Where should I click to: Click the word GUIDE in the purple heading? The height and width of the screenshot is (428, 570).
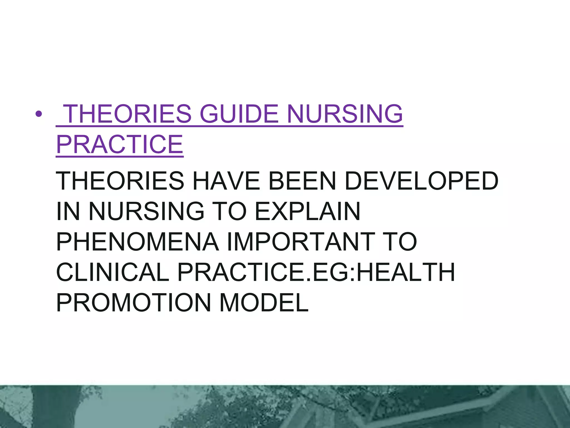pyautogui.click(x=239, y=114)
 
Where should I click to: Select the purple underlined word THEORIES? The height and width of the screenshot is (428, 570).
pyautogui.click(x=128, y=114)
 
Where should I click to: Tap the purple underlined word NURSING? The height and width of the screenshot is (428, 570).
pyautogui.click(x=345, y=114)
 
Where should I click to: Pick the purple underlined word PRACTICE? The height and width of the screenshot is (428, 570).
pyautogui.click(x=120, y=144)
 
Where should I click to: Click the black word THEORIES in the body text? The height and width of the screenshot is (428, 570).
pyautogui.click(x=120, y=181)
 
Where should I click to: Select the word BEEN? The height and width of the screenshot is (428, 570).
pyautogui.click(x=302, y=181)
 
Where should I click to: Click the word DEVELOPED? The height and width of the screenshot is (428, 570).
pyautogui.click(x=421, y=181)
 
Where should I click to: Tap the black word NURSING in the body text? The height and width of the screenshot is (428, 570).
pyautogui.click(x=146, y=211)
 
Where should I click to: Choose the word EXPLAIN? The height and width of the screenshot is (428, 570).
pyautogui.click(x=308, y=211)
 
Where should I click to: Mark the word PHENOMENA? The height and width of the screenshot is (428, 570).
pyautogui.click(x=137, y=242)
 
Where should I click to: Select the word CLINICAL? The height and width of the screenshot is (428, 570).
pyautogui.click(x=113, y=272)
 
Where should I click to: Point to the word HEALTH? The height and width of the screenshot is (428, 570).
pyautogui.click(x=406, y=272)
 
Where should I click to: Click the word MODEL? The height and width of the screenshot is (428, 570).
pyautogui.click(x=264, y=302)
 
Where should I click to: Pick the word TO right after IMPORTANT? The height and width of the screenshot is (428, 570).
pyautogui.click(x=401, y=242)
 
